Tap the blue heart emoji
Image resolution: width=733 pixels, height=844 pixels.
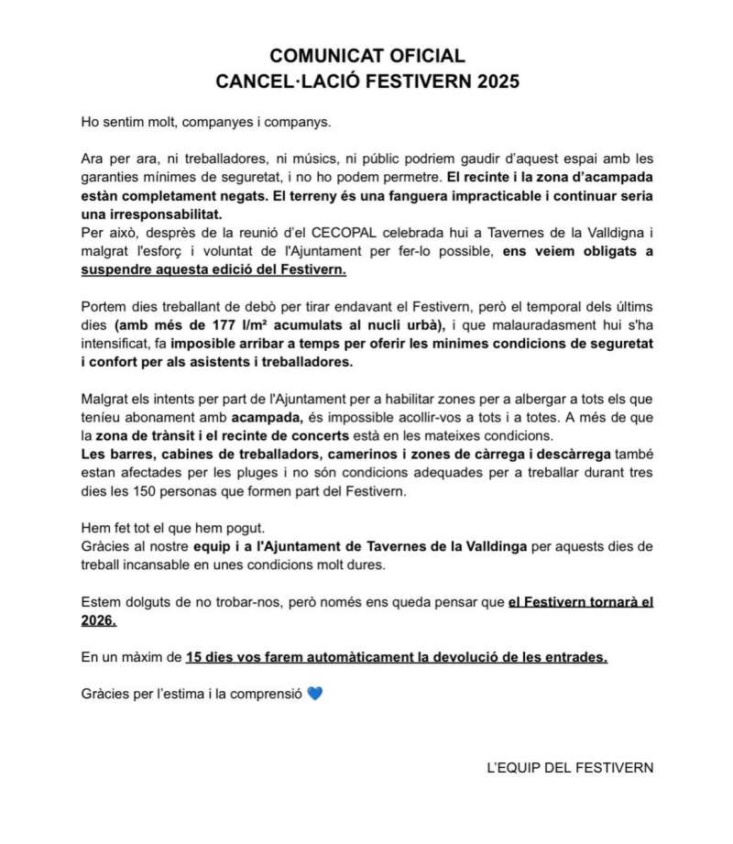click(x=316, y=693)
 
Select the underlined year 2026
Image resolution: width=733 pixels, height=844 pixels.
click(x=98, y=620)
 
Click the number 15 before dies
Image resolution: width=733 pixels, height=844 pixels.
click(x=193, y=657)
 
